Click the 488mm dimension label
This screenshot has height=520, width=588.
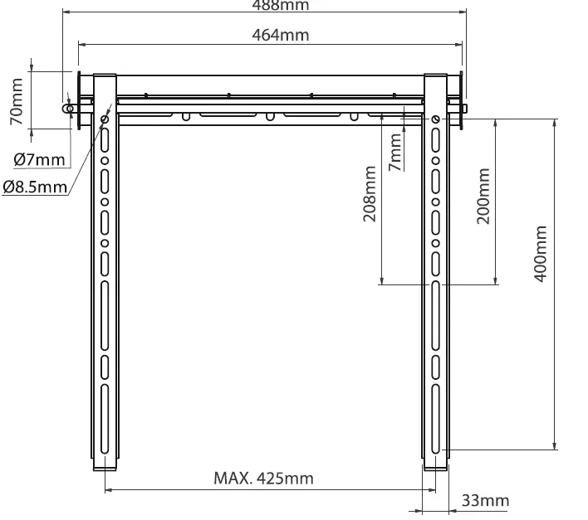click(x=280, y=5)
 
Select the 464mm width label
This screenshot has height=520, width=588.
click(x=280, y=35)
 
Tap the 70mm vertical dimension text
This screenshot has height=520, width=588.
click(x=17, y=100)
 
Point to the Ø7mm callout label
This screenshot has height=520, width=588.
click(x=38, y=158)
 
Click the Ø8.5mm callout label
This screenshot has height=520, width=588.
click(x=34, y=187)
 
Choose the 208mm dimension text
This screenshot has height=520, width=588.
click(x=370, y=194)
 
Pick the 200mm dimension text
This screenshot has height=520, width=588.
click(x=483, y=196)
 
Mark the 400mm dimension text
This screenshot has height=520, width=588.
click(x=540, y=254)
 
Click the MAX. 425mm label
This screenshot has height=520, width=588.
click(x=263, y=479)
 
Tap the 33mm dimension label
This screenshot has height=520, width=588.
click(x=484, y=501)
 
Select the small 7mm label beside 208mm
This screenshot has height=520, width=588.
click(x=396, y=153)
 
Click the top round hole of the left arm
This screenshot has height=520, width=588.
click(x=105, y=120)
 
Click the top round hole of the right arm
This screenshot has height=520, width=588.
click(x=435, y=120)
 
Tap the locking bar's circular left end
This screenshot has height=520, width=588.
click(x=67, y=108)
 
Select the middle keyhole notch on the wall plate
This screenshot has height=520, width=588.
click(x=268, y=116)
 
